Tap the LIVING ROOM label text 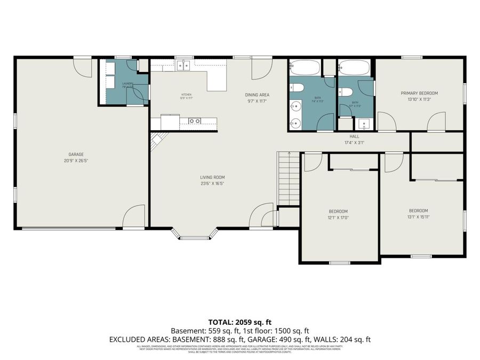tap(212, 177)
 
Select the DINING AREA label tap(257, 94)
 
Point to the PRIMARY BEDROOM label tap(419, 93)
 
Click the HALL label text tap(354, 136)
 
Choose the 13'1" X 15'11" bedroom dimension tap(418, 217)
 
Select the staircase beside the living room tap(289, 179)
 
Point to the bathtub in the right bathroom tap(353, 68)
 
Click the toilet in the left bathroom tap(297, 88)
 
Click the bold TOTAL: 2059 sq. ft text tap(239, 322)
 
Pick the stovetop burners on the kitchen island tap(194, 121)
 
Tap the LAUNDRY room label tap(127, 84)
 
